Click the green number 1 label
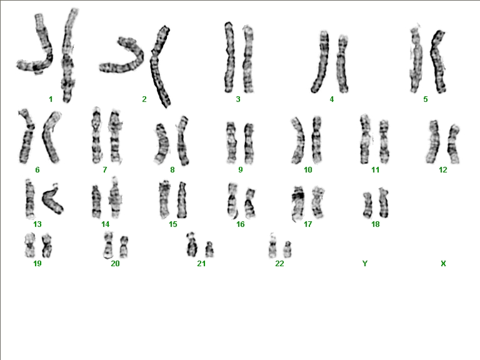pos(51,99)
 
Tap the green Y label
pos(364,263)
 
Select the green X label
pos(443,263)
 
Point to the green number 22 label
pos(279,263)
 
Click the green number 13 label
pos(37,224)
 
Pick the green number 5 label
pos(426,99)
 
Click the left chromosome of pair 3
pos(229,57)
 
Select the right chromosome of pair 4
pos(342,64)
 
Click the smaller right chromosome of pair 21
pos(209,249)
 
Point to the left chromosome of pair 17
pos(298,203)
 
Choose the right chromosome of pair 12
pos(454,144)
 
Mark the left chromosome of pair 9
pos(231,142)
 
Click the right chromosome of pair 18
pos(383,202)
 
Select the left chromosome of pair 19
pos(30,245)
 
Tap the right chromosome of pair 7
pos(116,136)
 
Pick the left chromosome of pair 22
pos(272,246)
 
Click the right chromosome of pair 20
pos(124,246)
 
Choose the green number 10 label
pos(308,169)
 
